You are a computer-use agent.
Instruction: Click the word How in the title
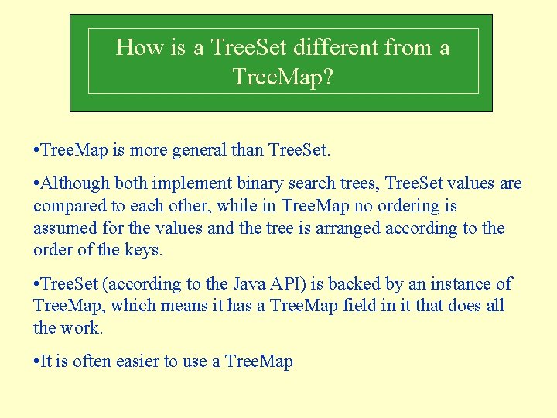coord(140,48)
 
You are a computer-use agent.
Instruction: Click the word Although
coord(73,184)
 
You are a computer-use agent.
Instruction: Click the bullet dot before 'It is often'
coord(36,362)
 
